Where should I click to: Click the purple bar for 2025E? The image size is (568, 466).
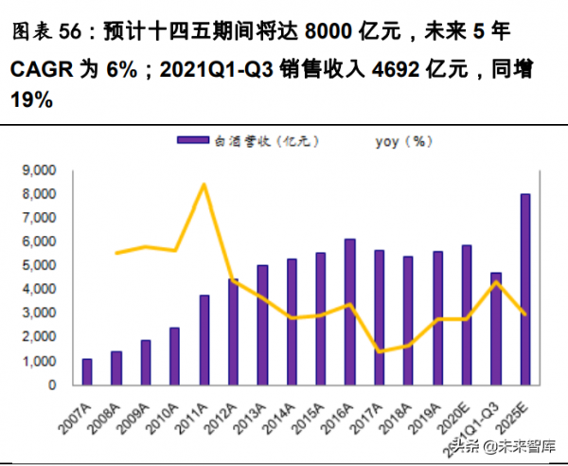tap(524, 290)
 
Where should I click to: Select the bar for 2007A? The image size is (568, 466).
tap(87, 372)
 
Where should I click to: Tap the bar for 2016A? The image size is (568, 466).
tap(349, 313)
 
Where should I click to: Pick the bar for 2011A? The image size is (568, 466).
tap(204, 340)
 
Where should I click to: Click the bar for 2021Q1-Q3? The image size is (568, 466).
tap(495, 329)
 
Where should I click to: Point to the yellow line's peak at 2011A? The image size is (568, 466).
tap(204, 184)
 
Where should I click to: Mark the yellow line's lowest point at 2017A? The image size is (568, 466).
tap(379, 351)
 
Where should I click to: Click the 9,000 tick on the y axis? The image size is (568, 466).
tap(39, 170)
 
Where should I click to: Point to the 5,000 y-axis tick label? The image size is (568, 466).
tap(39, 266)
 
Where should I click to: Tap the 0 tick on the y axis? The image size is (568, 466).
tap(52, 385)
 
